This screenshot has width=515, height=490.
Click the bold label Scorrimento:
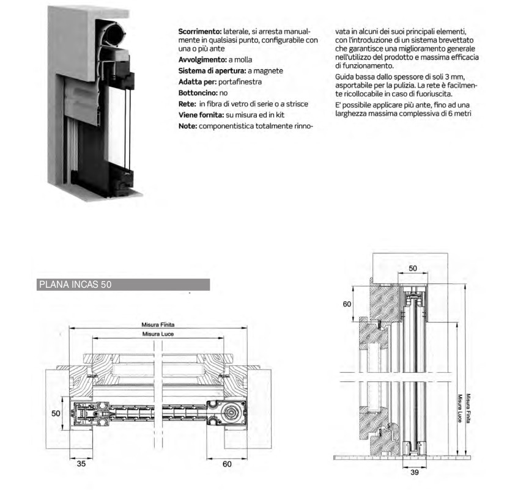tap(199, 31)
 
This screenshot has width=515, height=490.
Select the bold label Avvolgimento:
tap(202, 60)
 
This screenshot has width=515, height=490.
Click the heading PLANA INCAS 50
tap(75, 285)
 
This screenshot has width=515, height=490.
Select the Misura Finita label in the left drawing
tap(158, 325)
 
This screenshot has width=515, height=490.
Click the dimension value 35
tap(81, 464)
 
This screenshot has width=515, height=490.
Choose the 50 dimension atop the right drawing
tap(413, 268)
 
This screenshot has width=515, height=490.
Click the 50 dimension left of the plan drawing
tap(56, 414)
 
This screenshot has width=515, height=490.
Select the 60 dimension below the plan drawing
tap(227, 464)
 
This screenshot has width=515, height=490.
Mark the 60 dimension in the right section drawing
tap(347, 304)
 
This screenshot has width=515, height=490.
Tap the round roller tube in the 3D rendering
tap(114, 31)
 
